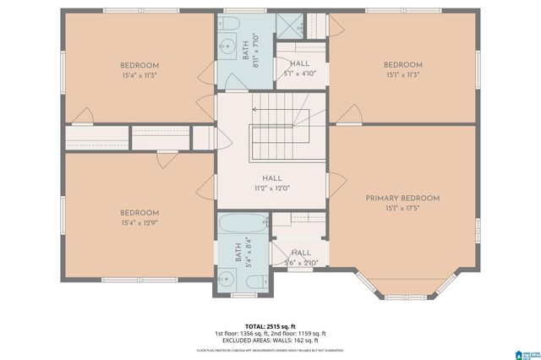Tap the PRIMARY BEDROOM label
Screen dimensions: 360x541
pos(402,198)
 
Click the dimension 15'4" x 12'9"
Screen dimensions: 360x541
pos(139,222)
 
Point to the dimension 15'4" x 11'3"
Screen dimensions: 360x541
pos(139,74)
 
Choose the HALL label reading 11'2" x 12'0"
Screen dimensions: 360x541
pos(271,183)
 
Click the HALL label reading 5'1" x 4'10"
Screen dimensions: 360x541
pos(299,68)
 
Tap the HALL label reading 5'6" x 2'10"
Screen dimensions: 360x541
pos(301,257)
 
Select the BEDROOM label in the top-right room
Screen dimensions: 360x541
pos(402,65)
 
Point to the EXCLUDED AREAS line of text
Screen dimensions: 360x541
pos(270,341)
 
